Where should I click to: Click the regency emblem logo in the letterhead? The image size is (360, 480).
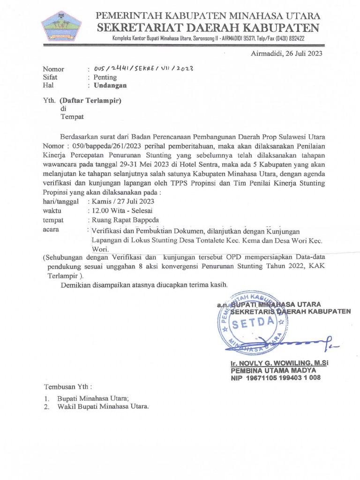tap(61, 26)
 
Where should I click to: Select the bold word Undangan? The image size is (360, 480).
tap(110, 85)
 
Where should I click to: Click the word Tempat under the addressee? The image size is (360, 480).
tap(72, 117)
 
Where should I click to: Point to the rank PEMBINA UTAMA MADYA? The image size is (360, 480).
tap(273, 370)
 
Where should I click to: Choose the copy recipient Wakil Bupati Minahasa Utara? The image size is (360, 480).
tap(103, 406)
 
